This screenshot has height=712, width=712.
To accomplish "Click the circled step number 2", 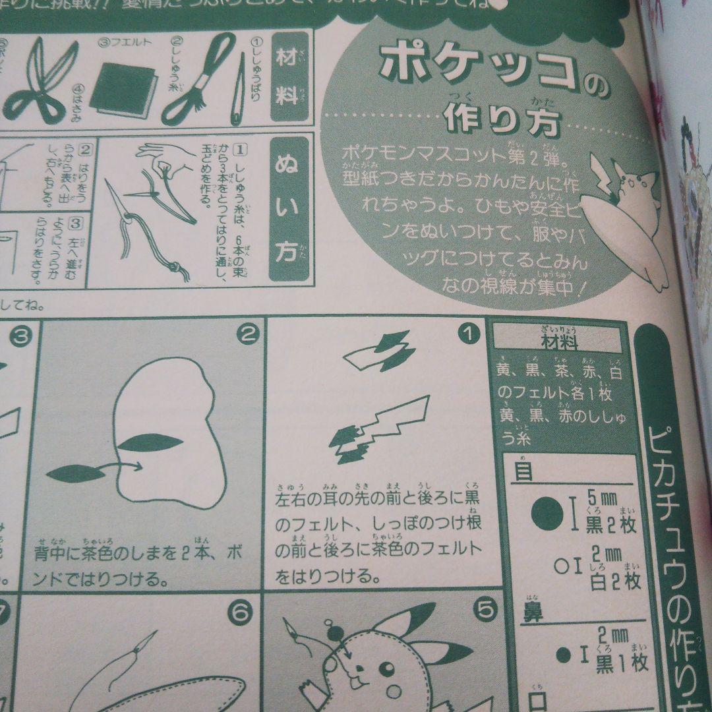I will tap(246, 336).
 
